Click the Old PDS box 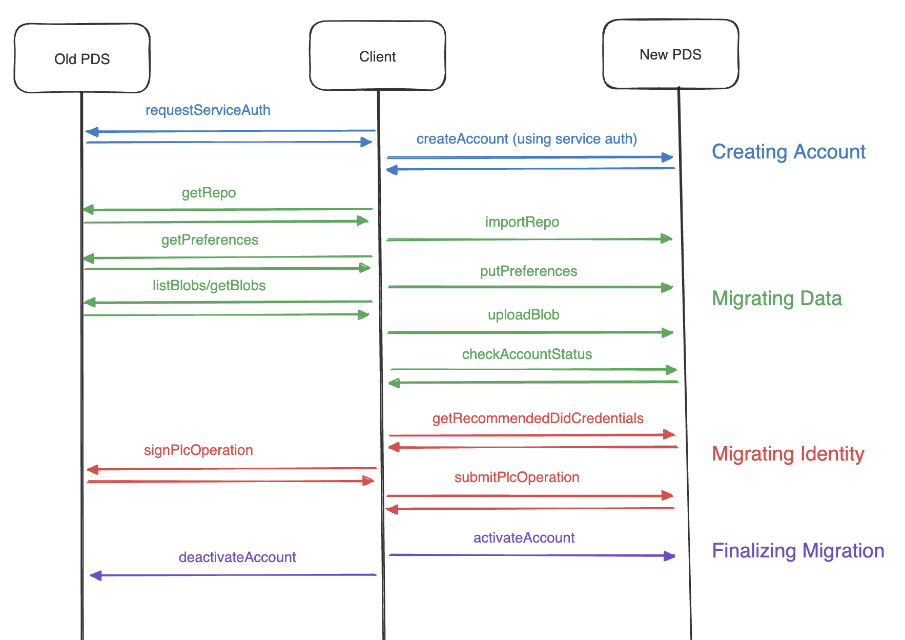point(82,58)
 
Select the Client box point(377,56)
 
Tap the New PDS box point(670,54)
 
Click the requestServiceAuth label point(208,110)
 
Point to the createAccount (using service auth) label point(526,139)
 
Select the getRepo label point(209,193)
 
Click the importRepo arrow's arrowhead point(667,238)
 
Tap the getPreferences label point(210,240)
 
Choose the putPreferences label point(528,271)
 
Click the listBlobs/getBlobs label point(209,286)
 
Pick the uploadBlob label point(523,315)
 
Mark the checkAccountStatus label point(527,354)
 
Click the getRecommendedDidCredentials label point(538,418)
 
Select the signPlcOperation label point(198,450)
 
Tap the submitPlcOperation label point(517,477)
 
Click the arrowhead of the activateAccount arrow point(669,556)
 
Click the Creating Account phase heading point(788,152)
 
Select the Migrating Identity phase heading point(788,454)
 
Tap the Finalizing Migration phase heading point(798,551)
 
